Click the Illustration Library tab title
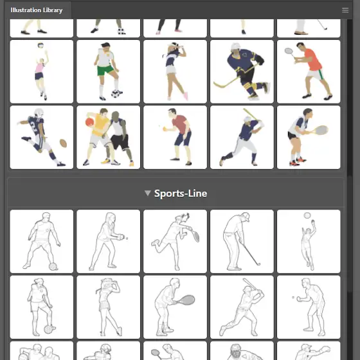(37, 10)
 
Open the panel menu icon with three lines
(345, 10)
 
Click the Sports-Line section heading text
(181, 194)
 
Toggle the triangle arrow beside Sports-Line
(148, 193)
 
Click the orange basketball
(89, 122)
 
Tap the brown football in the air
(63, 143)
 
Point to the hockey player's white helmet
(235, 46)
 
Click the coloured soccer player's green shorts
(105, 70)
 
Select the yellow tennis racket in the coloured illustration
(320, 130)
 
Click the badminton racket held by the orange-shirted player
(289, 51)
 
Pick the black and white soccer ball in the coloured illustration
(116, 94)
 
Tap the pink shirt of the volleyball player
(39, 68)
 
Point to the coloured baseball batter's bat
(251, 114)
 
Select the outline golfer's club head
(258, 264)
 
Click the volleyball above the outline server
(307, 215)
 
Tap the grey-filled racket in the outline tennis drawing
(187, 300)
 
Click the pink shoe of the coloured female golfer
(186, 96)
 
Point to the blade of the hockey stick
(219, 85)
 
